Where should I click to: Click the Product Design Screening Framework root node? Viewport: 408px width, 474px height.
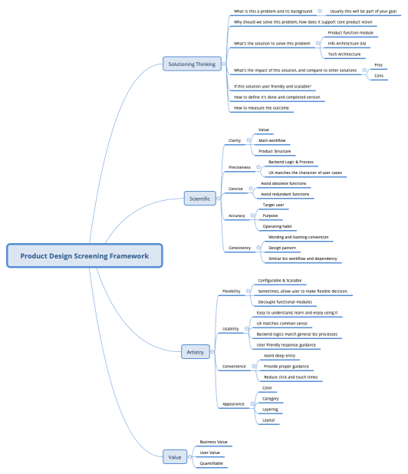click(84, 255)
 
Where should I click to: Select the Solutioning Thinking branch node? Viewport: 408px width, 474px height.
click(192, 64)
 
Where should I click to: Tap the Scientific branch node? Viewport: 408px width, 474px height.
click(199, 199)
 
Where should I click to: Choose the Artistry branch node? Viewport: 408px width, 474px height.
click(196, 352)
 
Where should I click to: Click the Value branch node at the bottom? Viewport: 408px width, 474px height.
click(176, 457)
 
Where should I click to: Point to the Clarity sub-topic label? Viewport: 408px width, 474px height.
click(235, 140)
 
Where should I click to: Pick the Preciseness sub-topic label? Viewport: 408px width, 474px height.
click(239, 167)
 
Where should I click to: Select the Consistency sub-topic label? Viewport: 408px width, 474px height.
click(239, 248)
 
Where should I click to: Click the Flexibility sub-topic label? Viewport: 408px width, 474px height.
click(231, 291)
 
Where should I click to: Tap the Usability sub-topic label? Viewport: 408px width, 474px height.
click(230, 329)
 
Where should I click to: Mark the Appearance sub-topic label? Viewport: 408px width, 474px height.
click(233, 403)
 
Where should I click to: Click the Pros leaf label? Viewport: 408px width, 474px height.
click(379, 64)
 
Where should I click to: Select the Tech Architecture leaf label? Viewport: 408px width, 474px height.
click(344, 54)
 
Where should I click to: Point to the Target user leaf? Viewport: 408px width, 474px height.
click(274, 206)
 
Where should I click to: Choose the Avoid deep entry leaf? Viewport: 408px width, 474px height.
click(278, 356)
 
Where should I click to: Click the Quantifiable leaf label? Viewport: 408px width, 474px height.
click(212, 463)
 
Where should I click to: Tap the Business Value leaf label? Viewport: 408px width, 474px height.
click(213, 442)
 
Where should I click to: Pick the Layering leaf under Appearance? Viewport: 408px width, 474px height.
click(271, 410)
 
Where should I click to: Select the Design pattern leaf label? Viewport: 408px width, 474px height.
click(281, 248)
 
